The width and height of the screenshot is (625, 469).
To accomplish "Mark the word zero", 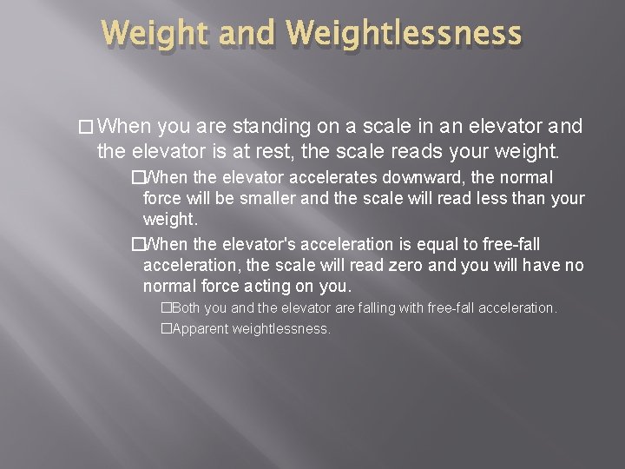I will pyautogui.click(x=385, y=265).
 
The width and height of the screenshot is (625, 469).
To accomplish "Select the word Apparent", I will pyautogui.click(x=203, y=329).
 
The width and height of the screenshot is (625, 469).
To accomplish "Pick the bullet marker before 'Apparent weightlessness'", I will pyautogui.click(x=166, y=329).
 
